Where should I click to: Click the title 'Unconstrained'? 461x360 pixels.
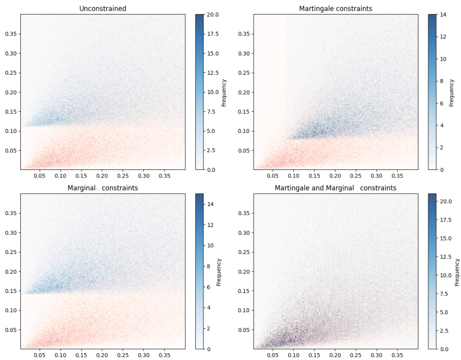pos(102,8)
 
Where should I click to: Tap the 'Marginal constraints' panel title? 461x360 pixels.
pos(103,188)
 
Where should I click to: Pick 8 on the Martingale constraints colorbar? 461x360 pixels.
pos(443,81)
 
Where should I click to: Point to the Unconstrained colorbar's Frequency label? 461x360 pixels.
pos(224,92)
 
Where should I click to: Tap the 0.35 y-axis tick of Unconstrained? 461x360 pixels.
pos(10,34)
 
